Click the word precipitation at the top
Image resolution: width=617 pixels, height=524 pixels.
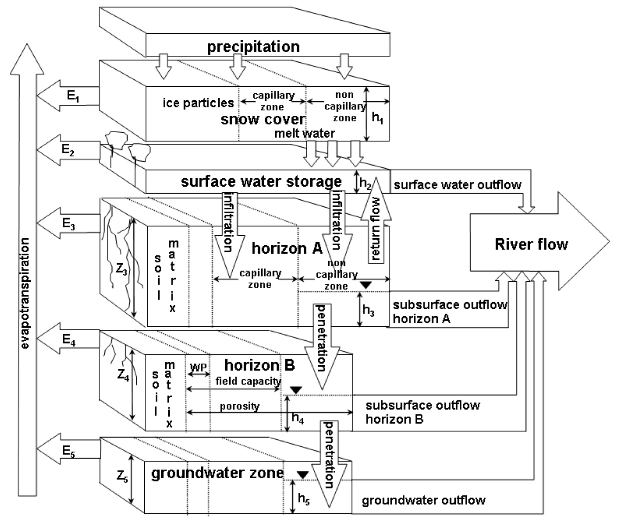(x=253, y=47)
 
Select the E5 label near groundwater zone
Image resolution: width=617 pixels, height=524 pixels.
(x=69, y=451)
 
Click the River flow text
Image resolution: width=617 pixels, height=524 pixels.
(x=531, y=244)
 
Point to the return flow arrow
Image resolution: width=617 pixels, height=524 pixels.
(x=376, y=229)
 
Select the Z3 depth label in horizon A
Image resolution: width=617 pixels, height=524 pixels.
(x=121, y=270)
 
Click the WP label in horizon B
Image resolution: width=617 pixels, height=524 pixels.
(x=198, y=367)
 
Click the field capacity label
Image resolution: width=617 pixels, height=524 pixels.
(x=248, y=381)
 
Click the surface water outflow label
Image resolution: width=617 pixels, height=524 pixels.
(x=457, y=185)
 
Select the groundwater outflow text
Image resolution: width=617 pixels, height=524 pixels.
(x=423, y=500)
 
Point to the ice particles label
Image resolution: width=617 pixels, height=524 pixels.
(x=198, y=103)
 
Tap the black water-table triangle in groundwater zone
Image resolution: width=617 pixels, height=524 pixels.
(x=303, y=475)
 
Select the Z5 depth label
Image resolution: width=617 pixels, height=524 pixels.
(x=122, y=477)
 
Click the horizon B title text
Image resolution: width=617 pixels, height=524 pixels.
(x=259, y=365)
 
